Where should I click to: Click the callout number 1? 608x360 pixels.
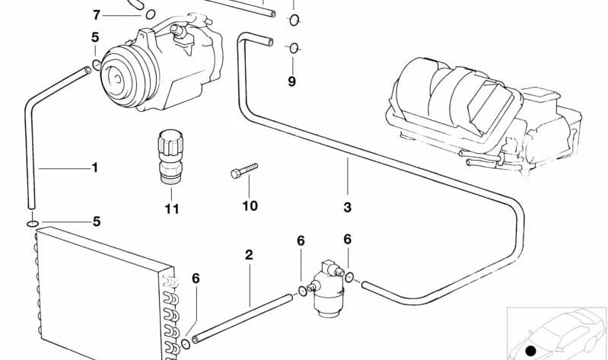tap(95, 167)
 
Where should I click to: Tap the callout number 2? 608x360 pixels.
tap(249, 255)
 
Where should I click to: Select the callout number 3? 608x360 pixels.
tap(348, 207)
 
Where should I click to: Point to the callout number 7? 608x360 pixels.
tap(96, 14)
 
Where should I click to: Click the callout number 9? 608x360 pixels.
tap(291, 81)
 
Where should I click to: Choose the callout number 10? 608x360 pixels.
tap(250, 205)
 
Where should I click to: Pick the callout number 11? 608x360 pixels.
tap(172, 209)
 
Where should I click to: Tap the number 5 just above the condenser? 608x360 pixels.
tap(96, 222)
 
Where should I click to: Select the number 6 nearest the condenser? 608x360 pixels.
tap(196, 279)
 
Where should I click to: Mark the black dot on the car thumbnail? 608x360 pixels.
tap(531, 349)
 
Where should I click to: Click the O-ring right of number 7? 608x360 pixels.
tap(151, 13)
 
